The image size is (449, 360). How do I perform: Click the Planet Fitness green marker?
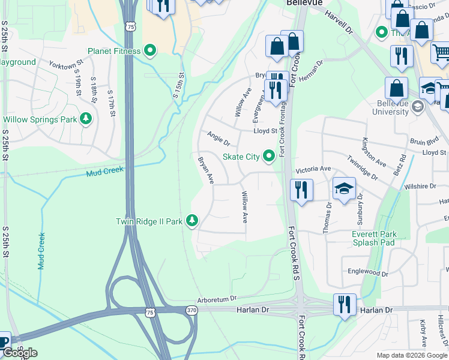(150, 51)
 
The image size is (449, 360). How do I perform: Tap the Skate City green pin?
(269, 157)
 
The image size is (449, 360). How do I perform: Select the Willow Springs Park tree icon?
(87, 119)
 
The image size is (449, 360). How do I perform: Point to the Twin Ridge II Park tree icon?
(192, 221)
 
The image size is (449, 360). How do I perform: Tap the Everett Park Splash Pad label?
(373, 238)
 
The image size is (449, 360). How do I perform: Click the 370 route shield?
(191, 310)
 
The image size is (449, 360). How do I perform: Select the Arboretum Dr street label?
(217, 298)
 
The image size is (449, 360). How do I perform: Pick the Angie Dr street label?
(218, 139)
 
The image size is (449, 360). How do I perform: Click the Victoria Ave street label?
(313, 170)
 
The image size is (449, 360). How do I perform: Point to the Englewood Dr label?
(367, 272)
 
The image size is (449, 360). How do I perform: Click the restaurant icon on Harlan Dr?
(345, 304)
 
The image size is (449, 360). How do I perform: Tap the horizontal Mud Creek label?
(105, 172)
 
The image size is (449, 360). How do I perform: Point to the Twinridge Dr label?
(362, 169)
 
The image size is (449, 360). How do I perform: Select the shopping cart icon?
(441, 53)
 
